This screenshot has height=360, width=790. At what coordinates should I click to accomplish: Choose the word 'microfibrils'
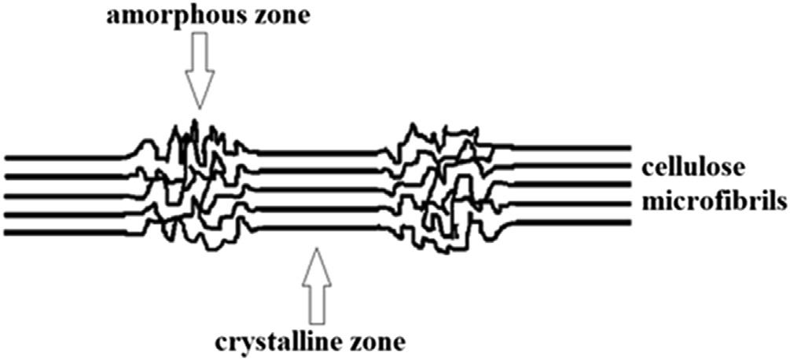714,201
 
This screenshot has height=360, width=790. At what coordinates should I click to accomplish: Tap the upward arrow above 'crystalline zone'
314,287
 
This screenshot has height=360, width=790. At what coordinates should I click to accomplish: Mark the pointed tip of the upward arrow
314,249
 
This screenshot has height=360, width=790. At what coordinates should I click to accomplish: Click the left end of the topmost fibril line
6,156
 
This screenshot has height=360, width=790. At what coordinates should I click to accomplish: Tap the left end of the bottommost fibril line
6,232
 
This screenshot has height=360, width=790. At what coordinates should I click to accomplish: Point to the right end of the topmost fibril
630,148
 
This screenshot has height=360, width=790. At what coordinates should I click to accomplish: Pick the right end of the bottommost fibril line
630,223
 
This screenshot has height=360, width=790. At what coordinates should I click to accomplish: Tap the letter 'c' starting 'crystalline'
222,344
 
